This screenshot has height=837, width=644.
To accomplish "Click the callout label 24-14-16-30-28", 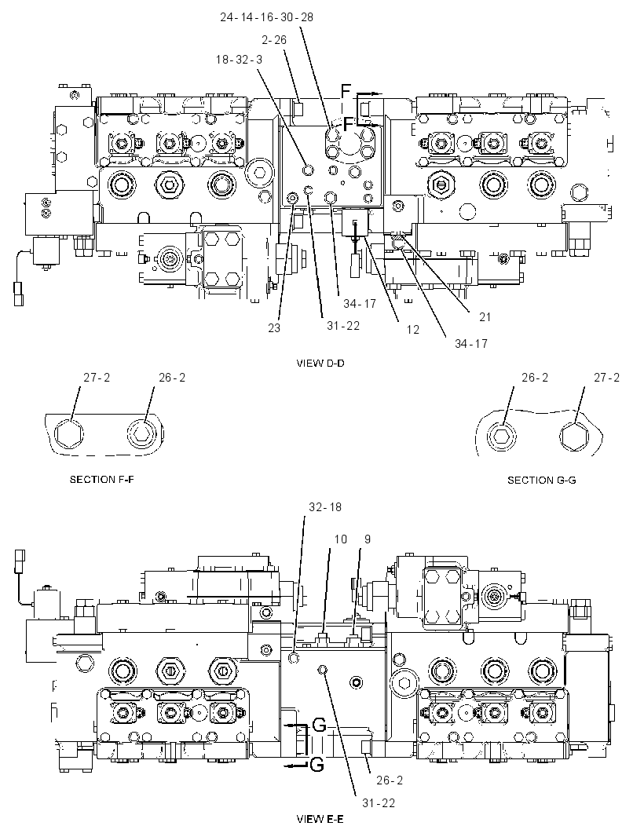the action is point(266,17).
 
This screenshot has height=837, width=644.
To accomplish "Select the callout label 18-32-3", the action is point(240,59).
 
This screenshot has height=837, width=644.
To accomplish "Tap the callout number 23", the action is point(274,327).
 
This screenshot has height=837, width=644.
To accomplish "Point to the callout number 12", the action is point(413,329).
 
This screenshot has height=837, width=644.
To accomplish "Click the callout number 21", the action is point(485,317).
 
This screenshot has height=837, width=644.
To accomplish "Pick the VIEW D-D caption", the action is point(320,364).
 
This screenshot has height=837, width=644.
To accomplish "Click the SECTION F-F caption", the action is point(102,480).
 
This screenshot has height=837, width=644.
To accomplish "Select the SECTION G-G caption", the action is point(541,480).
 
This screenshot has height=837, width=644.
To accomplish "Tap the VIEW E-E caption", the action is point(320,819).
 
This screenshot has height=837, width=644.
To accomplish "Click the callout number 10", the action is point(341,539).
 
